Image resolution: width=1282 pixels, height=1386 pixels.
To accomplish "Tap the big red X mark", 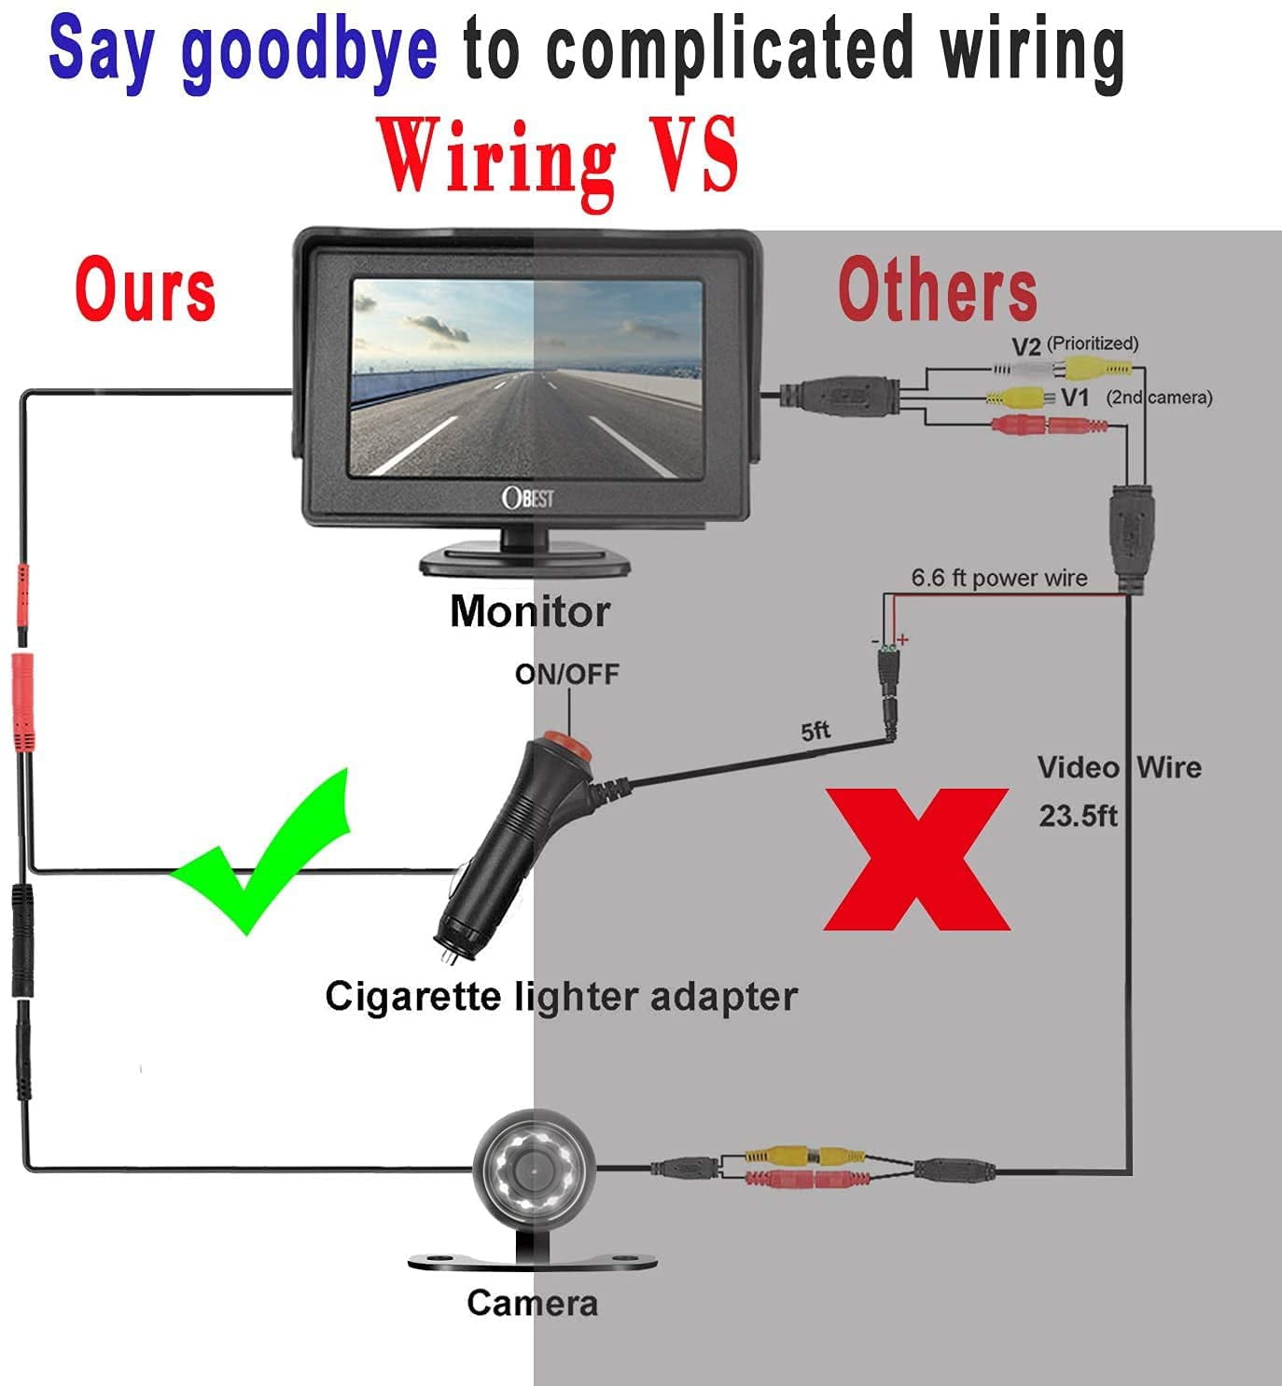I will (x=916, y=859).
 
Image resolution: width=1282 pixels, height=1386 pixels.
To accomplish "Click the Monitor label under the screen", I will (x=529, y=611).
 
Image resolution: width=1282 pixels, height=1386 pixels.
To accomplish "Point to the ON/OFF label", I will (x=566, y=674).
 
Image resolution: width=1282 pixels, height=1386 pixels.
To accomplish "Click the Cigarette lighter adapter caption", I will (x=561, y=996).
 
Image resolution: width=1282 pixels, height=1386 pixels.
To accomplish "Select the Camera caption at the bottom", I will (x=532, y=1303).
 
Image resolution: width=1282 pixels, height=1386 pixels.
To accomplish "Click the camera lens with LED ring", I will (x=533, y=1168).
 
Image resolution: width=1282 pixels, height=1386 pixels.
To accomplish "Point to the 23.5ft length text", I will (x=1078, y=817).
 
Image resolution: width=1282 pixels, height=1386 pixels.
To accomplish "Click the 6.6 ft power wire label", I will (x=998, y=578).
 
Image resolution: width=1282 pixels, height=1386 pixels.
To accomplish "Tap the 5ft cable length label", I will (x=815, y=731).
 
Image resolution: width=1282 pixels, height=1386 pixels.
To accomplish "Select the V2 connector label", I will (x=1026, y=346).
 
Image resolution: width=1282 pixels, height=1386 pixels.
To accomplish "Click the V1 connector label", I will (x=1075, y=398).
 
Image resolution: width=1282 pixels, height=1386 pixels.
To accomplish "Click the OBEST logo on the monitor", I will (x=528, y=497).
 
